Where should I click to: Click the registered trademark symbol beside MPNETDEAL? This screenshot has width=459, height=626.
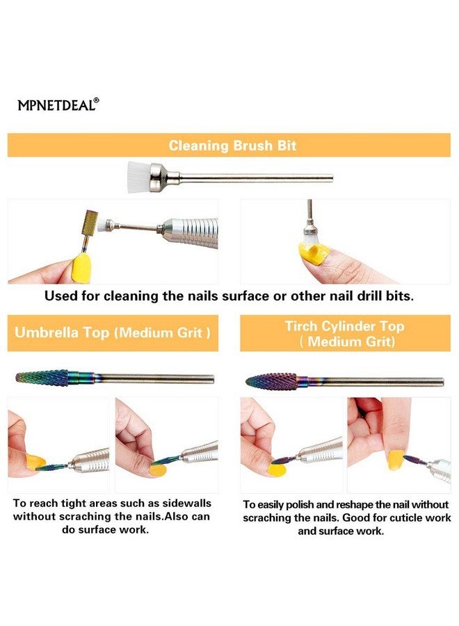[x=96, y=101]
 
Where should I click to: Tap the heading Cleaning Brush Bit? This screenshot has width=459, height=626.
[x=232, y=145]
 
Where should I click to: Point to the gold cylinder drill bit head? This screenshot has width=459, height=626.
[x=90, y=223]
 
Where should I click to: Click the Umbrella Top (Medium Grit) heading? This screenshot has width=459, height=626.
[x=113, y=332]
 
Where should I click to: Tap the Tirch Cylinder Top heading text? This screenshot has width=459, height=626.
[x=344, y=326]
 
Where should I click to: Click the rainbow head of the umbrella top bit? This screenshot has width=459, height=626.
[x=42, y=377]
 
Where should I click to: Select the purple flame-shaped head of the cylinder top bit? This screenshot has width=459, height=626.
[x=271, y=381]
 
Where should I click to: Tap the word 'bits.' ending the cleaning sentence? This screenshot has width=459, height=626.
[x=399, y=296]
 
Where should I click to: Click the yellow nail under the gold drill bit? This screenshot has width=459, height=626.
[x=81, y=268]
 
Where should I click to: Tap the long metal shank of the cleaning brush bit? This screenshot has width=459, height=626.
[x=255, y=178]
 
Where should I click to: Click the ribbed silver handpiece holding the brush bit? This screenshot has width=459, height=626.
[x=191, y=234]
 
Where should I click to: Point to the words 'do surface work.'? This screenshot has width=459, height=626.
[x=106, y=530]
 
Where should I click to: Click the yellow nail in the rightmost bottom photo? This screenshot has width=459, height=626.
[x=396, y=460]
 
